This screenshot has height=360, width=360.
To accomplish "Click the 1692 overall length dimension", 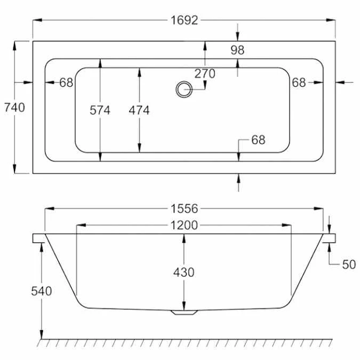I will pyautogui.click(x=185, y=20).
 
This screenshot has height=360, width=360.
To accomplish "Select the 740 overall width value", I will pyautogui.click(x=14, y=107).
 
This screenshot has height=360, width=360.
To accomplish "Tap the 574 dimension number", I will pyautogui.click(x=100, y=110).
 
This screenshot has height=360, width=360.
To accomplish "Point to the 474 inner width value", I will pyautogui.click(x=139, y=110).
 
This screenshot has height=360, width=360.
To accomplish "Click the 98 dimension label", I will pyautogui.click(x=237, y=50).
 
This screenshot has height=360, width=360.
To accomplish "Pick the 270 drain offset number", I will pyautogui.click(x=205, y=74).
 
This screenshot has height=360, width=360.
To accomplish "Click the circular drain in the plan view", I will pyautogui.click(x=183, y=89).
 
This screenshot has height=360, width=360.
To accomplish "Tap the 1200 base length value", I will pyautogui.click(x=185, y=225).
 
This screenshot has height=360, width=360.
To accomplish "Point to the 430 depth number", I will pyautogui.click(x=184, y=272).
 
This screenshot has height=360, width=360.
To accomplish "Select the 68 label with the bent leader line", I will pyautogui.click(x=258, y=140).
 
